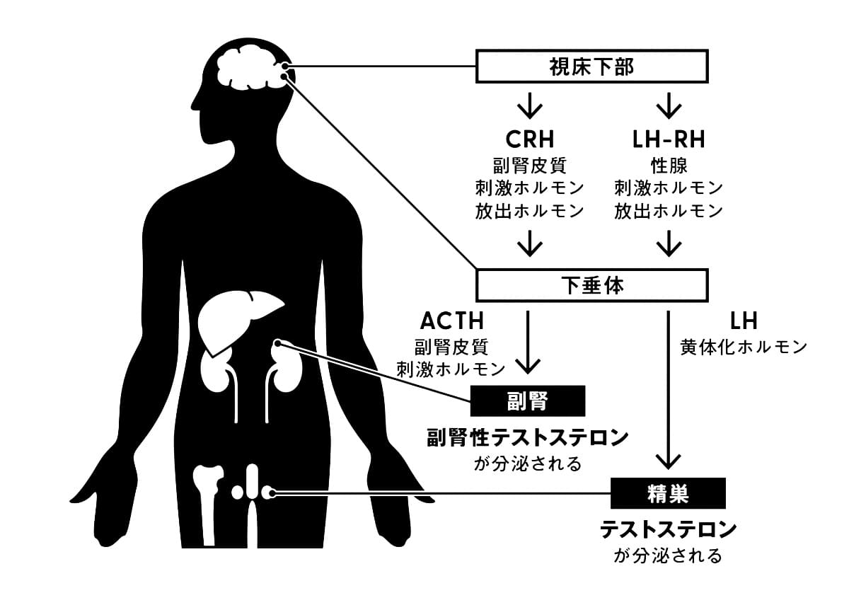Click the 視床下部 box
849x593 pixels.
tap(592, 67)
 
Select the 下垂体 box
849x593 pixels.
tap(592, 285)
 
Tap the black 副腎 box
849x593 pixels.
tap(528, 401)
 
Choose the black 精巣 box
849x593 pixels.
tap(668, 493)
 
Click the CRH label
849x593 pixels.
tap(529, 139)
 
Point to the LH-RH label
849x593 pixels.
tap(668, 139)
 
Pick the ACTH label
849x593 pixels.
tap(452, 321)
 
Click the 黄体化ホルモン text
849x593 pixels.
tap(744, 347)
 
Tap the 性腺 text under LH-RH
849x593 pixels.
tap(668, 165)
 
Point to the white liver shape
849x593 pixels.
tap(237, 318)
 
